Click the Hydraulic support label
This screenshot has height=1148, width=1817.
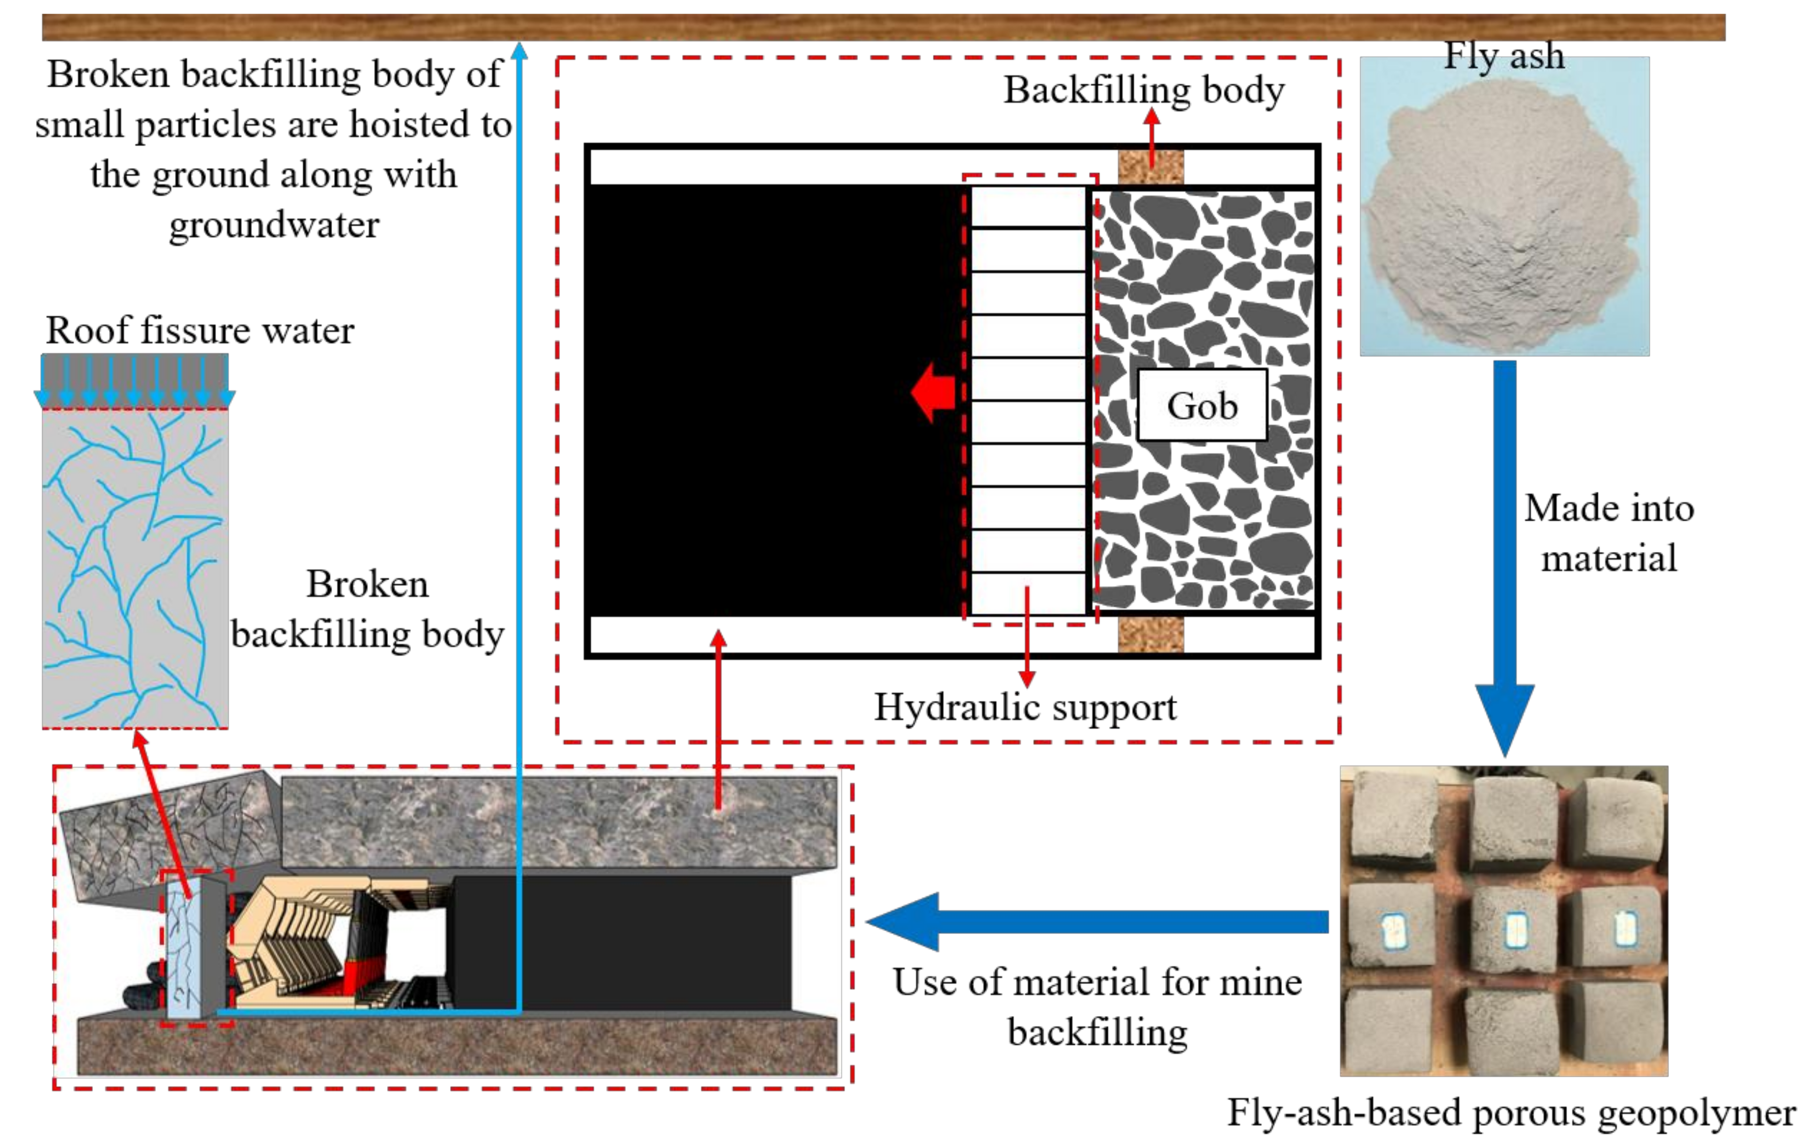(x=1025, y=707)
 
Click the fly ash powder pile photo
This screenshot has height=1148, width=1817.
(x=1503, y=219)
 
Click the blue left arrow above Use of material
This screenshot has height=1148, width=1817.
(x=1094, y=921)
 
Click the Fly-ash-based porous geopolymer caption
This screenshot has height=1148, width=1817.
(x=1511, y=1112)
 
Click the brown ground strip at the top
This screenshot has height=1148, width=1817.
(x=883, y=27)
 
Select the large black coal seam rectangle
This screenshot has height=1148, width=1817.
(x=773, y=400)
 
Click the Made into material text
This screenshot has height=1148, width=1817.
(x=1609, y=533)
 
